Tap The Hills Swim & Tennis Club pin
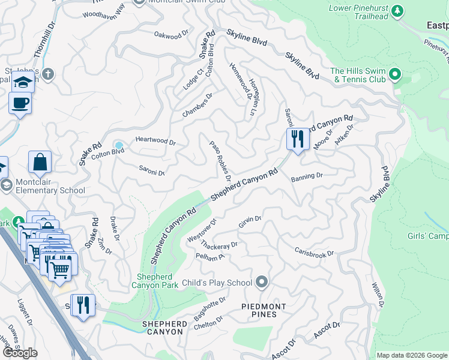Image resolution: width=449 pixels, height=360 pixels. click(x=394, y=75)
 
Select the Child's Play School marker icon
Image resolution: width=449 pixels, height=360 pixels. click(x=261, y=281)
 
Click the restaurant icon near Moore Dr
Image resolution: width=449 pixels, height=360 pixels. click(x=297, y=140)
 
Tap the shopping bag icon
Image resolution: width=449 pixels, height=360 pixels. click(x=40, y=162)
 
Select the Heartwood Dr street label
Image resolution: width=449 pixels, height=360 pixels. click(x=155, y=142)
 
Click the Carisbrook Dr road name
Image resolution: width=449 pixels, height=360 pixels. click(x=313, y=252)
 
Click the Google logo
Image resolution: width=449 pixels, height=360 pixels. click(x=19, y=353)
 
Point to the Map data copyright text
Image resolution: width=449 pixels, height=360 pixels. click(x=411, y=355)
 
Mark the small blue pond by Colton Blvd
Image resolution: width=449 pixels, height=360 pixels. click(x=119, y=145)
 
